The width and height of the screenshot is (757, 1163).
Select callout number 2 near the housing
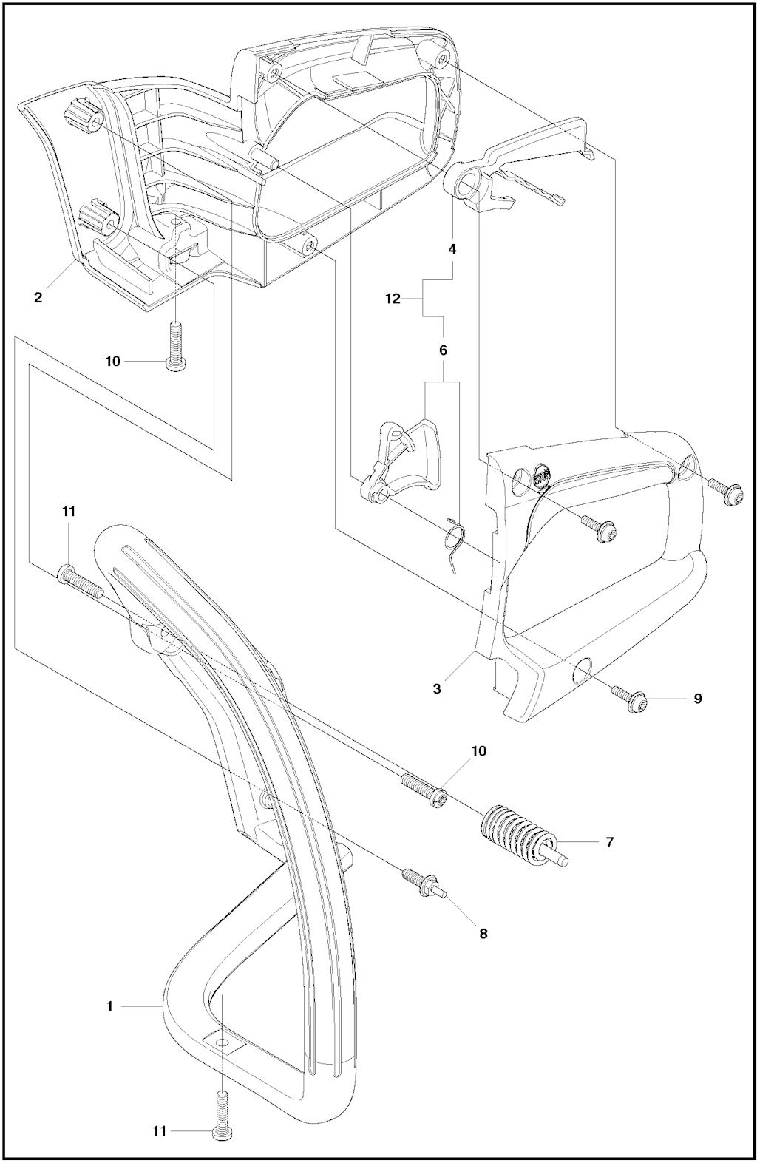click(x=38, y=298)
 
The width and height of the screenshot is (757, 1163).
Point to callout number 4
click(x=452, y=249)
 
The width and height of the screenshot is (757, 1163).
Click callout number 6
click(x=443, y=350)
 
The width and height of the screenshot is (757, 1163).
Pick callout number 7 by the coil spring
click(x=610, y=841)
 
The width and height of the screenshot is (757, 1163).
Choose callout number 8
click(x=483, y=934)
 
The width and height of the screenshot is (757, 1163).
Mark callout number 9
click(x=698, y=699)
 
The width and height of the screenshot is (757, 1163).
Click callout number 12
click(x=393, y=299)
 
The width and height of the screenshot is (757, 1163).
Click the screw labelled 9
click(x=629, y=700)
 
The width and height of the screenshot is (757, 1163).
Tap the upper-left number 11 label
click(x=69, y=512)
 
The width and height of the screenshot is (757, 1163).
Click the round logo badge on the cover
click(x=542, y=476)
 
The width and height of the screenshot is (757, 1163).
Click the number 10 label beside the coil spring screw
click(x=478, y=750)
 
